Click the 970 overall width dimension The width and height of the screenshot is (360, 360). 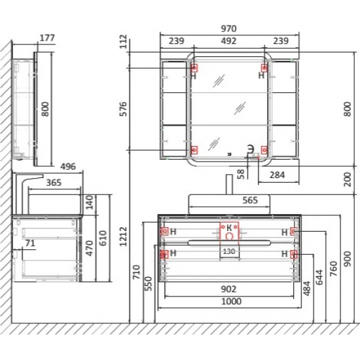coord(228,29)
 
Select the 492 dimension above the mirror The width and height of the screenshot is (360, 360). coord(228,41)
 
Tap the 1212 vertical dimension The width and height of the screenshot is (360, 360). coord(124,236)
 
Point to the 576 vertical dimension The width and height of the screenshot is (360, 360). coord(124,109)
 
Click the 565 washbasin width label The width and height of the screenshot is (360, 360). coord(250,200)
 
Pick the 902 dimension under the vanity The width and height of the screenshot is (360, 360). coord(228,289)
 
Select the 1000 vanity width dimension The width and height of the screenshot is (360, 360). coord(231,301)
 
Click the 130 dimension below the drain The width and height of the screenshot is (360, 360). coord(229,251)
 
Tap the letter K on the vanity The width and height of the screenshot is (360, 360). coord(229,228)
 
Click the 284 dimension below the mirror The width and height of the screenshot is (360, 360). coord(277,175)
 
